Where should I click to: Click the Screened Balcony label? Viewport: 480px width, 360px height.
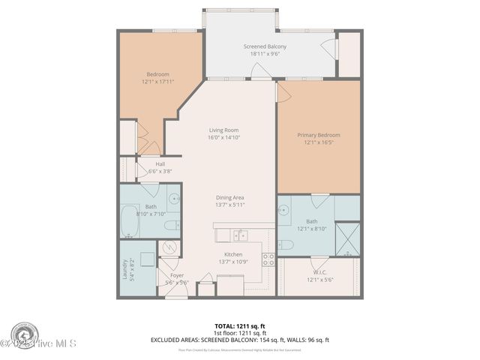click(265, 46)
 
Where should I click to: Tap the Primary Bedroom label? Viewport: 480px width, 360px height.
click(317, 135)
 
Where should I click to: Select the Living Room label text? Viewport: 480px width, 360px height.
click(223, 130)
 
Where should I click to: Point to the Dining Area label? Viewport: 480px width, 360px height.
click(230, 197)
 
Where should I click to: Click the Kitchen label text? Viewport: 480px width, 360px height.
click(233, 254)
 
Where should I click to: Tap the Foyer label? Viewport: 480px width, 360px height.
click(177, 275)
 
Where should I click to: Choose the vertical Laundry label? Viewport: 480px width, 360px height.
click(125, 269)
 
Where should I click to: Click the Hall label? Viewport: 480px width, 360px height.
click(160, 163)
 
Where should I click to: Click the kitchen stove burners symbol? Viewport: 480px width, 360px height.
click(267, 261)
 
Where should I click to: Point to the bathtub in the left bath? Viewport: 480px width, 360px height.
click(131, 222)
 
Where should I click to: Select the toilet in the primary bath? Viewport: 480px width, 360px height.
click(287, 244)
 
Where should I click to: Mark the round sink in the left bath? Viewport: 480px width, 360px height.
click(173, 199)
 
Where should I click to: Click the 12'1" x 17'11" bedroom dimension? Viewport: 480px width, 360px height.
click(157, 81)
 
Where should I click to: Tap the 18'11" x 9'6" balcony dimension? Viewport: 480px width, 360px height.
click(265, 54)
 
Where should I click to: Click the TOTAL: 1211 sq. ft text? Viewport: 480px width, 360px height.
click(239, 326)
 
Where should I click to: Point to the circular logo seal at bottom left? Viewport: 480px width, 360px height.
click(25, 334)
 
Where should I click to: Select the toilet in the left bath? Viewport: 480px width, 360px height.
click(171, 226)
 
